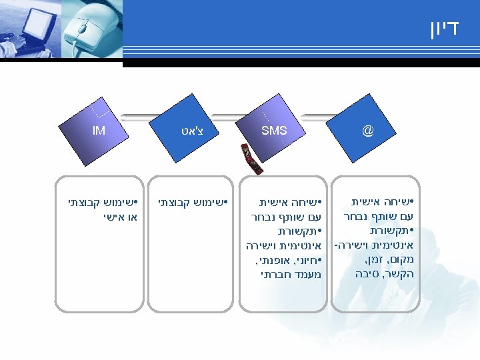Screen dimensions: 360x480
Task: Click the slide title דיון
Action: pyautogui.click(x=443, y=29)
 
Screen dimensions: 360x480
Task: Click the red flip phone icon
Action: pyautogui.click(x=251, y=159)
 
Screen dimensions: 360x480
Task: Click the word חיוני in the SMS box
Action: pyautogui.click(x=303, y=259)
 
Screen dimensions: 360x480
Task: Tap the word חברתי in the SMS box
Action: pyautogui.click(x=277, y=273)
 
